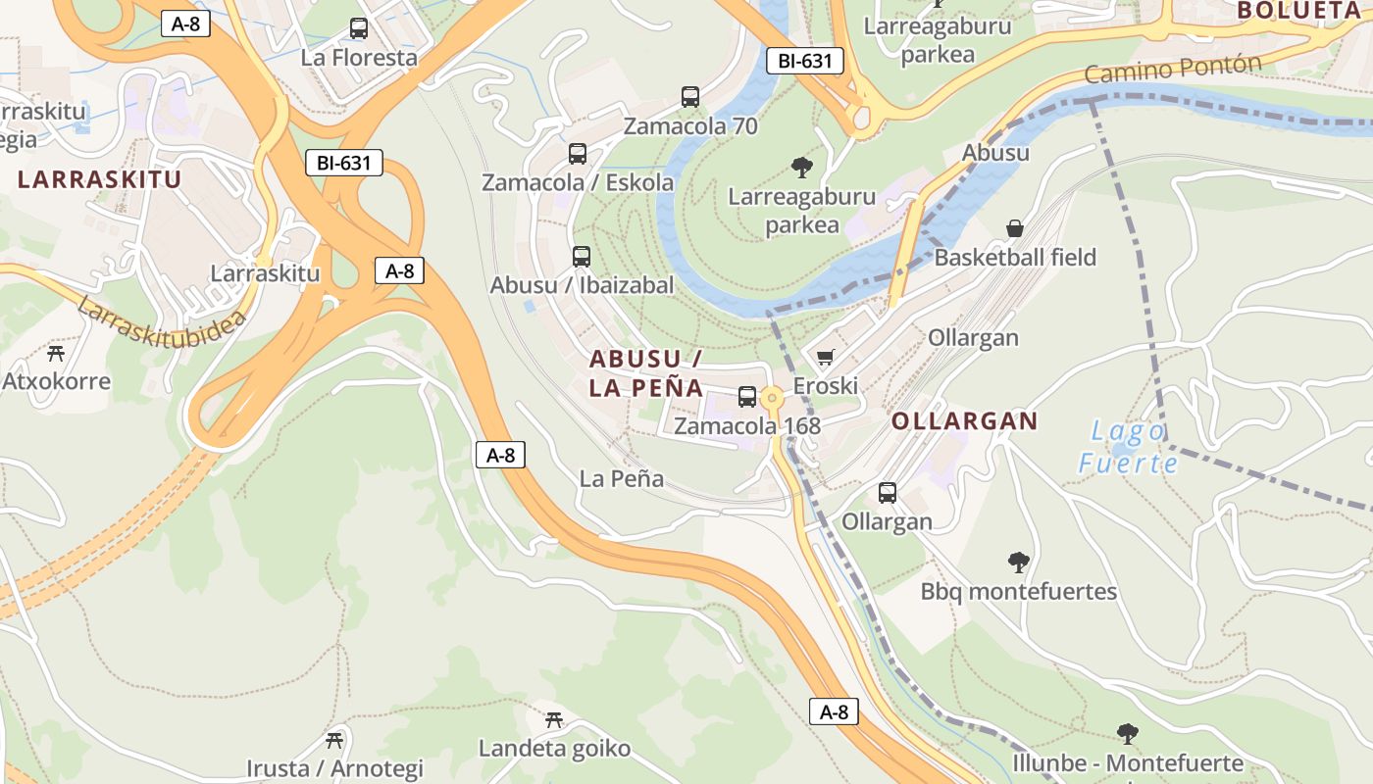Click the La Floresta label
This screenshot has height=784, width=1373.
coord(359,57)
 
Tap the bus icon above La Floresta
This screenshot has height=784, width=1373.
coord(359,28)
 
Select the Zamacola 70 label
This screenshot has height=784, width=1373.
coord(690,126)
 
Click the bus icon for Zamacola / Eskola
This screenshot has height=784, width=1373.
coord(578,154)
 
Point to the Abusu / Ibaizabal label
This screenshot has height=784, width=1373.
coord(582,285)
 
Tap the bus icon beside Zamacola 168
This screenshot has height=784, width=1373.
coord(747,397)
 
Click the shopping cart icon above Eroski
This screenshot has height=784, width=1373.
coord(825,358)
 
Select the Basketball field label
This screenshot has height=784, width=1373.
coord(1015,258)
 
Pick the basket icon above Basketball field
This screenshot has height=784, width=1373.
coord(1015,228)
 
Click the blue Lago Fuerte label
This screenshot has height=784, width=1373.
coord(1127,447)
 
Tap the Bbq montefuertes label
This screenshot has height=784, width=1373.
coord(1019,592)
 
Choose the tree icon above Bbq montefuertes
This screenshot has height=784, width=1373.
coord(1019,563)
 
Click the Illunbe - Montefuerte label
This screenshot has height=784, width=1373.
coord(1127,763)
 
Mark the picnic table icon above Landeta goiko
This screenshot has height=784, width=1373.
coord(554,720)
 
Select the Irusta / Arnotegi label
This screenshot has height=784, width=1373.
coord(334,768)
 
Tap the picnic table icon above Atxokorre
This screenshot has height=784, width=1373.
coord(56,353)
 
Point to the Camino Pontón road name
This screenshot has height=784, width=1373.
coord(1173,71)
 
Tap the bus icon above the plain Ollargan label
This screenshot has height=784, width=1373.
coord(888,493)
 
